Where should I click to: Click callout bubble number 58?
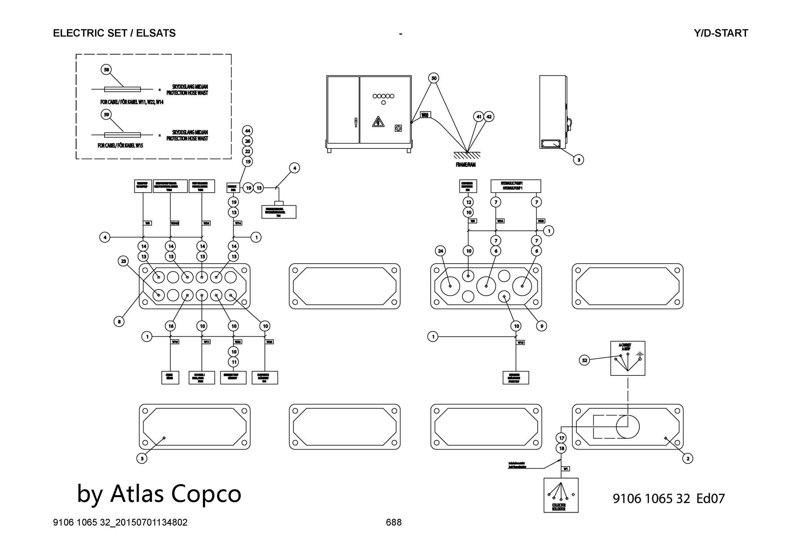point(106,70)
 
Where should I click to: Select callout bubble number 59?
point(106,115)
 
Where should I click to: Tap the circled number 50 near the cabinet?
point(434,78)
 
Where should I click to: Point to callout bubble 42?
point(489,117)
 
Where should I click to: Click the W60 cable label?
point(425,115)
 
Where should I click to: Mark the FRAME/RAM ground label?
point(466,165)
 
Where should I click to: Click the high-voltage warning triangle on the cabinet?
point(378,122)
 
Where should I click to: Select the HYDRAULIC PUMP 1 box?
point(515,186)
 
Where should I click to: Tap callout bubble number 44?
point(247,131)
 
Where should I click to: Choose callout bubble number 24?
point(440,251)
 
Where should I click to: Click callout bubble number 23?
point(124,261)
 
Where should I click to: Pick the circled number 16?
point(171,326)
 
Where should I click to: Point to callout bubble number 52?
point(585,360)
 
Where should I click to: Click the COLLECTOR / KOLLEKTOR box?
point(561,495)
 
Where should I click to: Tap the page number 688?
point(394,522)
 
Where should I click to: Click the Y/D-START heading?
point(721,33)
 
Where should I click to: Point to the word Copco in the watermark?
point(206,493)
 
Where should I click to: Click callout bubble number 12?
point(468,202)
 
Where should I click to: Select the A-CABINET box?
point(628,358)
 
